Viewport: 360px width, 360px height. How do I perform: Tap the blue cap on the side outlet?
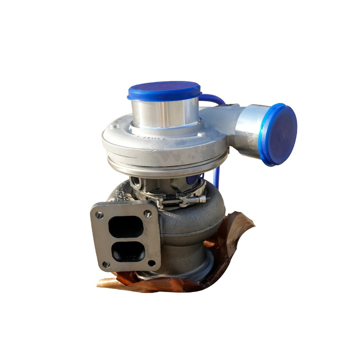[x=280, y=134]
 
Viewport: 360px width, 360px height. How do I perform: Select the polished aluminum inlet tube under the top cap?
[x=165, y=112]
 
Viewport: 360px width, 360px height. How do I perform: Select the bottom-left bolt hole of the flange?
[x=106, y=265]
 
